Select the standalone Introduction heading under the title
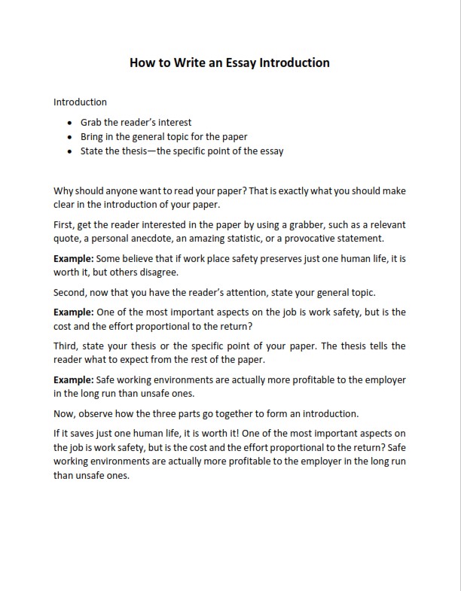pos(81,102)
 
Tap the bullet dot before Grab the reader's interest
pos(70,123)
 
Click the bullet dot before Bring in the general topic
pos(70,137)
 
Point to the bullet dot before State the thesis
pos(70,151)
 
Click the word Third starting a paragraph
pos(67,346)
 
